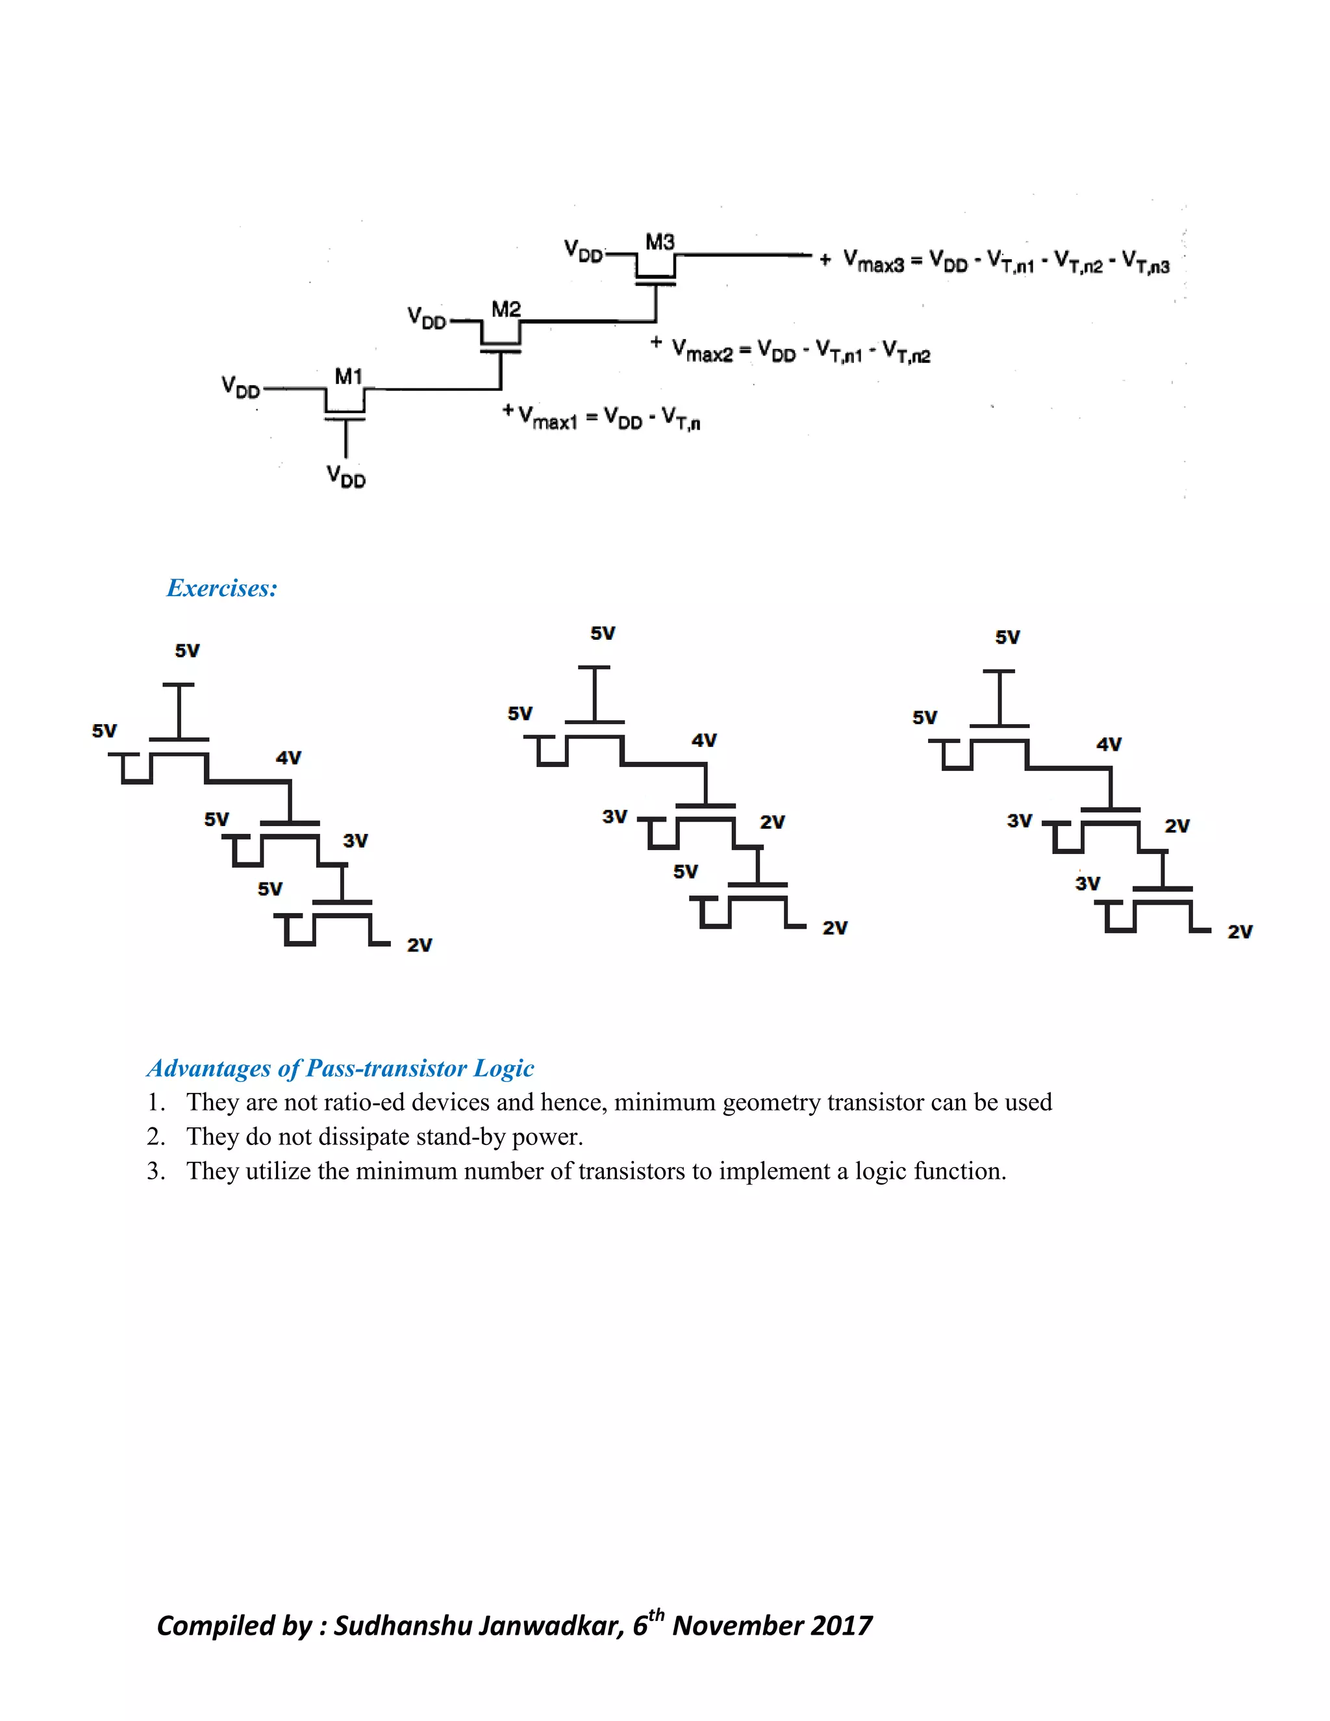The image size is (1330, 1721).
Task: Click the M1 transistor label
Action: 348,377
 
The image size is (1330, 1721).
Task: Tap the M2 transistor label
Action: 506,309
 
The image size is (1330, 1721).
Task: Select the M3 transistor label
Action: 660,242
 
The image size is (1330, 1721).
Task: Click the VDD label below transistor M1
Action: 346,476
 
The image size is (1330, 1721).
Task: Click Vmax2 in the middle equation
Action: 702,351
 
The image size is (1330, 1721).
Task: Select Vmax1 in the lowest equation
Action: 547,418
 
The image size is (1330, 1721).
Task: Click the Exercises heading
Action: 222,588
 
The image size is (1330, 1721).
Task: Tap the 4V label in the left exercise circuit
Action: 288,758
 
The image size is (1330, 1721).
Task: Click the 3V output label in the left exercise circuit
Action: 355,841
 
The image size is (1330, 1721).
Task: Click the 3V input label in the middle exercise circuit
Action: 614,816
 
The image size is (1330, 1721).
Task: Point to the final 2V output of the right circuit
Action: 1239,932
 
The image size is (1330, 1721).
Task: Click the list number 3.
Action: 155,1172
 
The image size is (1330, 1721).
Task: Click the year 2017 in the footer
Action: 842,1626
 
